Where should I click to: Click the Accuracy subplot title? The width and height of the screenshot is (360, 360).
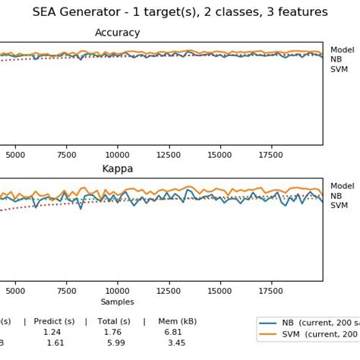[117, 33]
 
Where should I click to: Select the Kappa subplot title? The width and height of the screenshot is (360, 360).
[117, 169]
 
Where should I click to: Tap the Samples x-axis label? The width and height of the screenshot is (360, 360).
[117, 302]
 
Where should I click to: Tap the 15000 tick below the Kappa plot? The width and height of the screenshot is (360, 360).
[219, 289]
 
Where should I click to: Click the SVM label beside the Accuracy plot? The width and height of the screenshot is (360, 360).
[339, 69]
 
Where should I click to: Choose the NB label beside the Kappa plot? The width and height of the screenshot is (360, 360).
[336, 196]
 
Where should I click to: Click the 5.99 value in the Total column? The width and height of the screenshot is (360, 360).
[115, 343]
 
